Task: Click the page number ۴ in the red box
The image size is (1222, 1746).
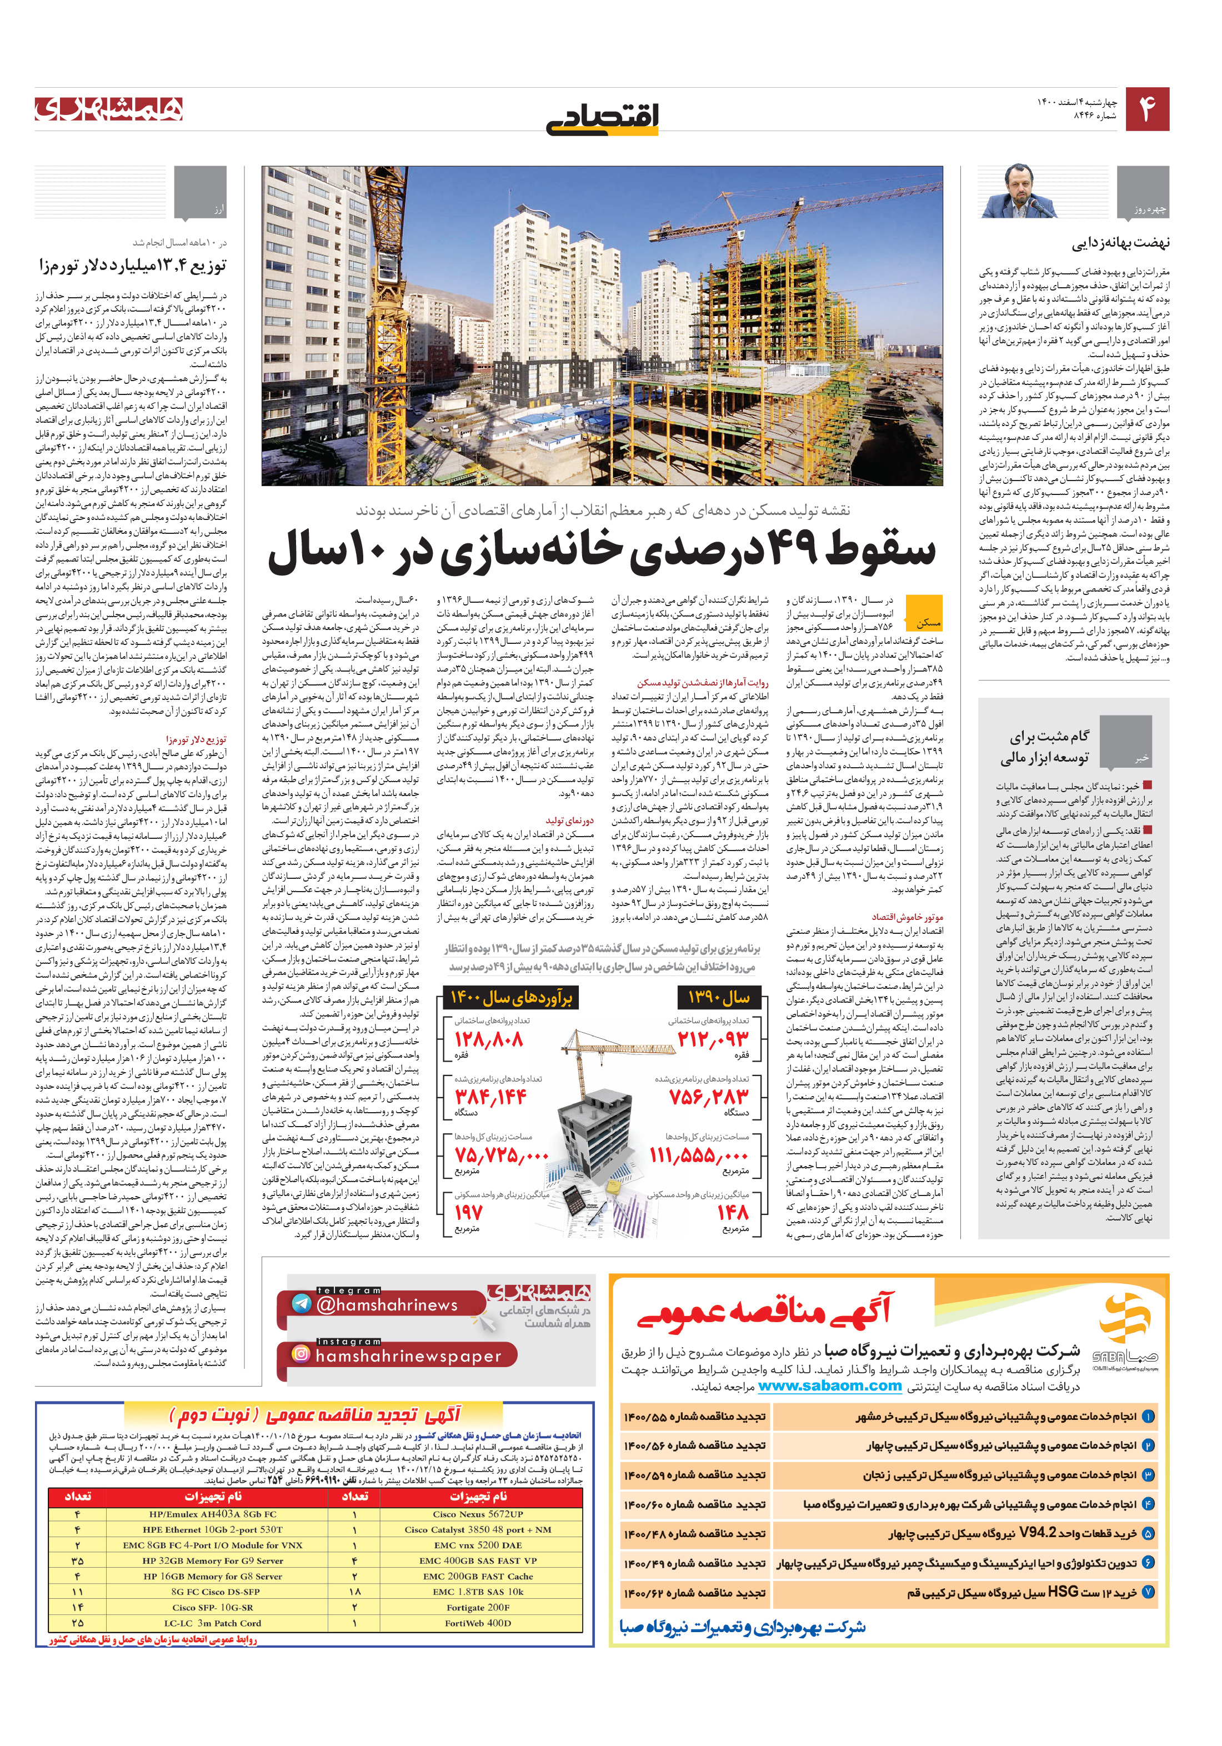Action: point(1146,109)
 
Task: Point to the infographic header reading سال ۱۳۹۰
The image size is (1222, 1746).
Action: point(719,997)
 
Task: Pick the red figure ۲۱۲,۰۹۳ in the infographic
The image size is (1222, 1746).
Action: point(713,1039)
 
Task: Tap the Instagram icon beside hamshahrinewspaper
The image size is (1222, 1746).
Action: point(301,1354)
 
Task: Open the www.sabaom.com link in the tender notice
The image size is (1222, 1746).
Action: point(830,1385)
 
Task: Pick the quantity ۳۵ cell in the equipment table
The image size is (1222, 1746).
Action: point(78,1560)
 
